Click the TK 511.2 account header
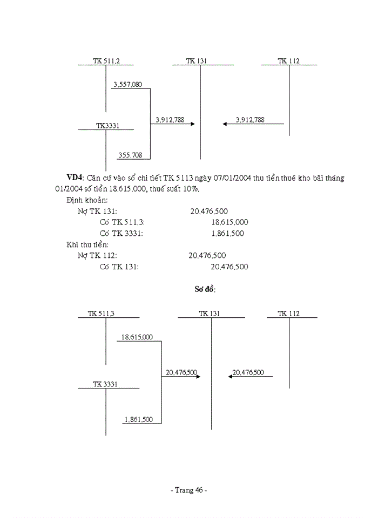click(106, 61)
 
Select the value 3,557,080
click(127, 84)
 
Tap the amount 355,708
click(130, 155)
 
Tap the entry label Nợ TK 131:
click(97, 212)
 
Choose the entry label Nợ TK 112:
click(97, 256)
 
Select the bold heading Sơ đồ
click(205, 290)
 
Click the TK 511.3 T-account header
click(105, 313)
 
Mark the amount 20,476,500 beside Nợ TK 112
click(208, 256)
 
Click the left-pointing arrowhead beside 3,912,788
click(225, 124)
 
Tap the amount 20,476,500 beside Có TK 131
click(230, 267)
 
